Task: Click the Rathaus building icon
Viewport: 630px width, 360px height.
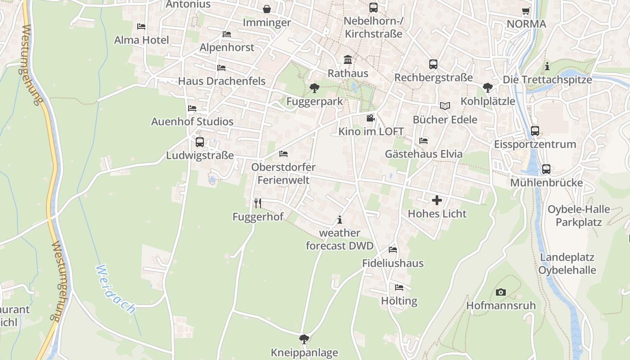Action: [x=348, y=60]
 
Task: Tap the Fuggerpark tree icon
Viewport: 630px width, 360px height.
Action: [x=314, y=88]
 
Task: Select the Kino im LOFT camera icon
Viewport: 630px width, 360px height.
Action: [x=370, y=118]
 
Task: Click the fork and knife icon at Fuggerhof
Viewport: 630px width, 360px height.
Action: [x=258, y=203]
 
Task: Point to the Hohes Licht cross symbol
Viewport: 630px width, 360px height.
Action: [x=437, y=200]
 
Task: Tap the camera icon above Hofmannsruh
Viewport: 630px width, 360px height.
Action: [x=500, y=292]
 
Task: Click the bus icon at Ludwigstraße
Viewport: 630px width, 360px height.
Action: [x=200, y=142]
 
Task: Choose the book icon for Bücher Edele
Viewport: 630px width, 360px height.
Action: [x=445, y=106]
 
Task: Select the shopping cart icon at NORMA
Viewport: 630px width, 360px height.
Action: [x=526, y=11]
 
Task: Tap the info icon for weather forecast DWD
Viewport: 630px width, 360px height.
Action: [x=340, y=220]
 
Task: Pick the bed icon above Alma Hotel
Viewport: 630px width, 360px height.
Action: [x=141, y=27]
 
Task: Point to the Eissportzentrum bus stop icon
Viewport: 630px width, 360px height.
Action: [x=535, y=131]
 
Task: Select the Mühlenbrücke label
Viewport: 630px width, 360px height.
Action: [x=546, y=183]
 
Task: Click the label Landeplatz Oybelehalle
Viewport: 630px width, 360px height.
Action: [x=567, y=264]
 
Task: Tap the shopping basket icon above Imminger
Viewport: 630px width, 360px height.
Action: [x=267, y=9]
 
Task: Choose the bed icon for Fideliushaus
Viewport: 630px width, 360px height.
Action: [x=393, y=250]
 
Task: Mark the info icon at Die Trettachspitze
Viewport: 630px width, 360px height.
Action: [x=547, y=66]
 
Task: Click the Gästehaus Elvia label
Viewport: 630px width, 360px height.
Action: [x=423, y=154]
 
